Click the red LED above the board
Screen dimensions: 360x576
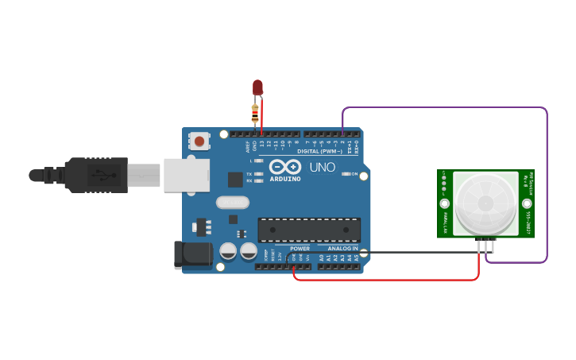point(257,87)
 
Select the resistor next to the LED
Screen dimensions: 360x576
point(255,114)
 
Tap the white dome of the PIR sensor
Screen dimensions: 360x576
point(485,203)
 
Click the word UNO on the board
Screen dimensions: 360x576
point(322,168)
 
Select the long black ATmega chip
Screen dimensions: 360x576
point(309,230)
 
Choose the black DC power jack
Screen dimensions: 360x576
point(192,255)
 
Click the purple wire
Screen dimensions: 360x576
point(547,183)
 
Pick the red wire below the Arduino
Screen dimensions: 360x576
point(389,280)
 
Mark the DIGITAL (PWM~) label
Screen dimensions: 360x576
point(320,151)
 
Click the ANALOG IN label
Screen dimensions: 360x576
point(343,248)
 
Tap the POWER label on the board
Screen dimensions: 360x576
point(300,248)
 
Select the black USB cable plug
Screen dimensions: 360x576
point(95,175)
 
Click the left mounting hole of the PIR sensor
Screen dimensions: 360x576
point(444,204)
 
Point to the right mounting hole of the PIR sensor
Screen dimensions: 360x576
point(527,204)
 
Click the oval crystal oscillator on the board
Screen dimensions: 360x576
point(232,203)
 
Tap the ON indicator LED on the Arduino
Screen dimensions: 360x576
point(346,174)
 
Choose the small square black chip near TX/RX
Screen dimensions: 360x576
point(235,180)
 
